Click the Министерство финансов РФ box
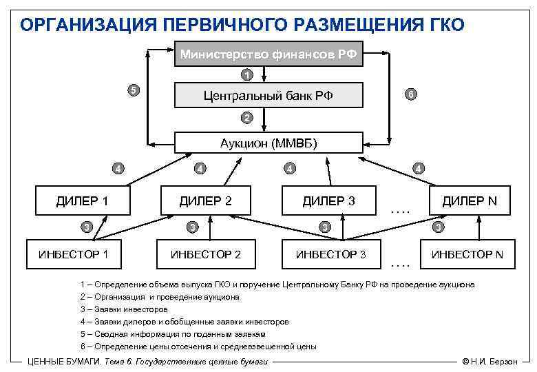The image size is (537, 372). pos(268,54)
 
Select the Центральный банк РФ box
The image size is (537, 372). pos(268,95)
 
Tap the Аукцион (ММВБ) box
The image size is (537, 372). pos(268,143)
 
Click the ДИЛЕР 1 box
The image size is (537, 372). pos(83,200)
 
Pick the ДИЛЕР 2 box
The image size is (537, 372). pos(205,200)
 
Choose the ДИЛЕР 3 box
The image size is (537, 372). pos(329,200)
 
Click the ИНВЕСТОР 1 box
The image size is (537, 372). pos(73,254)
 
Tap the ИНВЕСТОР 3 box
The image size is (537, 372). pos(330,254)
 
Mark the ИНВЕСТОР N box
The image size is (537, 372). pos(467,254)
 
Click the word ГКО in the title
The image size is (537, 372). pos(443,25)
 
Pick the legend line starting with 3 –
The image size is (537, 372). pos(123,309)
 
